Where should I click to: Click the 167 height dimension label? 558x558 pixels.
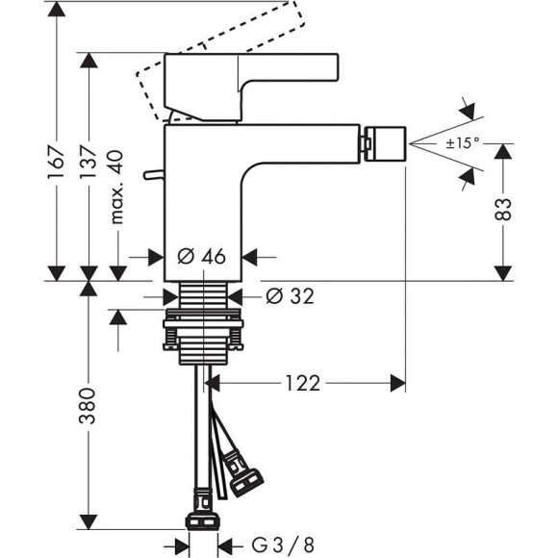[57, 160]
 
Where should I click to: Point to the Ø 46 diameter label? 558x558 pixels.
[202, 257]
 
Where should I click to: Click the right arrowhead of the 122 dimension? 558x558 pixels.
[396, 383]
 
